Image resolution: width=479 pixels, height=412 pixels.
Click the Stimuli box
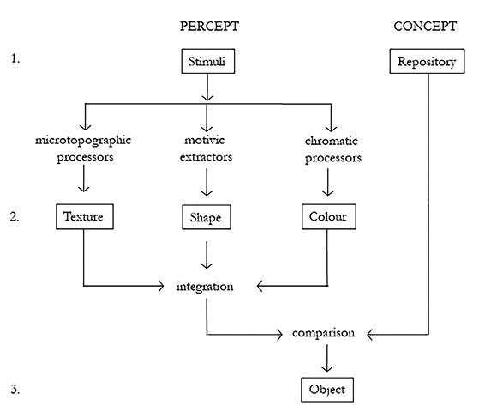(x=207, y=62)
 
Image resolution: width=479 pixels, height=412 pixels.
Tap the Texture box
(x=83, y=217)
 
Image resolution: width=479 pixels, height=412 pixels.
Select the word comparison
(x=325, y=332)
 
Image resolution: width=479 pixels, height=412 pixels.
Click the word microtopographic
(x=84, y=139)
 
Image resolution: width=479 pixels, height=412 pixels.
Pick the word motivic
(x=204, y=139)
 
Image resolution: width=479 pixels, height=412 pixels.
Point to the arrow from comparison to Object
(x=325, y=359)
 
